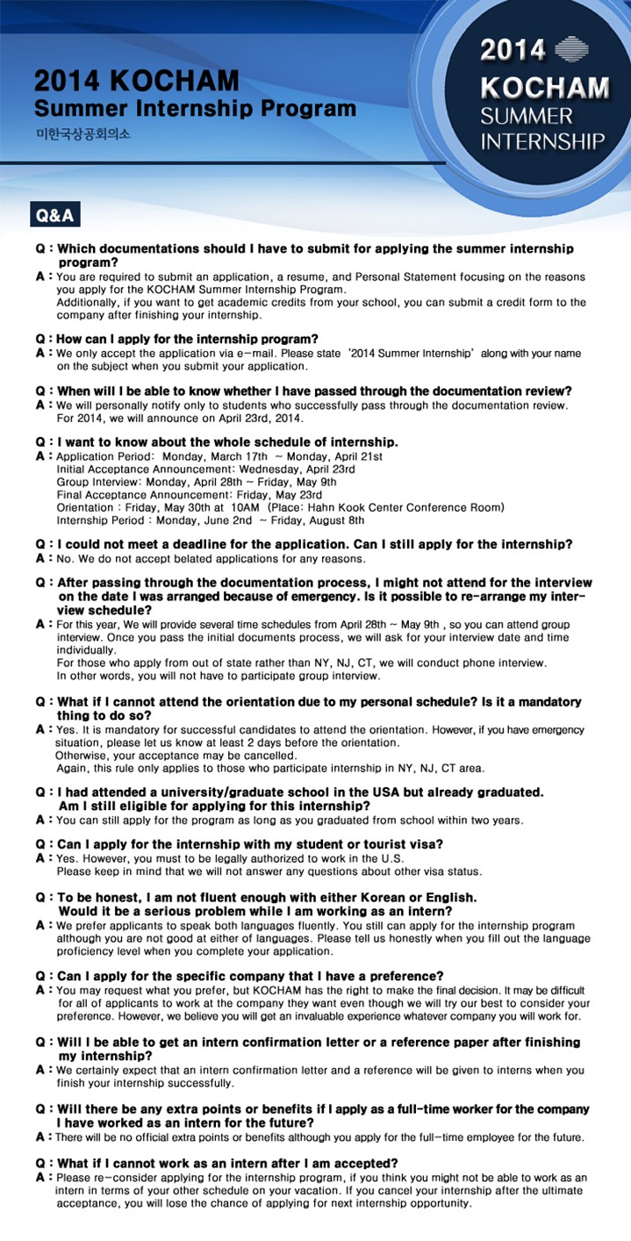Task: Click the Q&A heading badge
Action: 54,215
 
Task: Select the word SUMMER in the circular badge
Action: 527,116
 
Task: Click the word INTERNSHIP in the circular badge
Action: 542,141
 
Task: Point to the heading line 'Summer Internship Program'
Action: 195,109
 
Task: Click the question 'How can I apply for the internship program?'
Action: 187,339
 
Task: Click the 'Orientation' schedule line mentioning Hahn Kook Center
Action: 280,507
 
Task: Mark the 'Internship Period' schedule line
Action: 204,520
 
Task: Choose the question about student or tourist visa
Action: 249,843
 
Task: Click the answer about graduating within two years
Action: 290,820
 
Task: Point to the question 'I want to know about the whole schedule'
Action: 227,441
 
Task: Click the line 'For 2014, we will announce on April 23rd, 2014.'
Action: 181,418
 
